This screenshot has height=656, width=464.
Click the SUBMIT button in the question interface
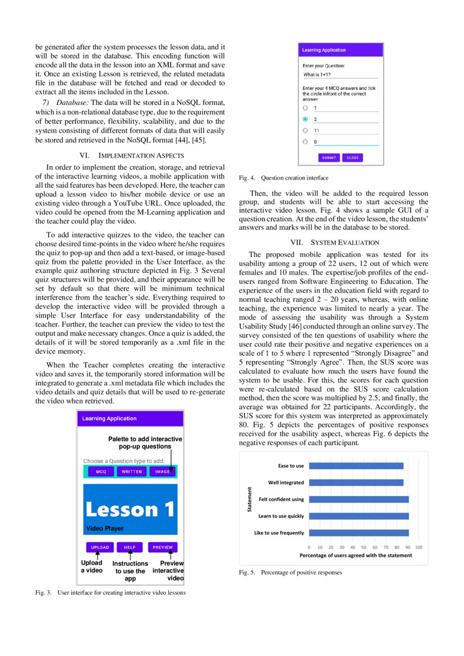pos(329,158)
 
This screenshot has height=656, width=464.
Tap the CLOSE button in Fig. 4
pos(352,158)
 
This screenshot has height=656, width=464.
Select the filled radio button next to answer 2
pos(305,119)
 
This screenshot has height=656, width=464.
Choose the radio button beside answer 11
pos(305,130)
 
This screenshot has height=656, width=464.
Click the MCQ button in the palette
pos(101,472)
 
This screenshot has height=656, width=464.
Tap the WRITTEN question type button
pos(132,472)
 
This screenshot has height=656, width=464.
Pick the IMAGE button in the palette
pos(163,472)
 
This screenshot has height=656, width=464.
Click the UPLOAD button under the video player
pos(100,547)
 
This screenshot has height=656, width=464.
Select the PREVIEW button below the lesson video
pos(163,547)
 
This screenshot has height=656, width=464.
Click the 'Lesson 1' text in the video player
pos(130,510)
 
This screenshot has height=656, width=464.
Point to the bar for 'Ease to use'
pos(356,466)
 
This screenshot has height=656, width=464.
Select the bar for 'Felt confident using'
pos(359,499)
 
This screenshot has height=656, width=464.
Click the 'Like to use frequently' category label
pos(279,533)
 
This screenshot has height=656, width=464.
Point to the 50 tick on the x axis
pos(364,546)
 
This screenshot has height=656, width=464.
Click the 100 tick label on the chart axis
pos(419,546)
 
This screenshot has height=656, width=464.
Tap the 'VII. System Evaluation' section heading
pos(335,242)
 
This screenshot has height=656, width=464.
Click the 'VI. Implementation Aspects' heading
pos(130,155)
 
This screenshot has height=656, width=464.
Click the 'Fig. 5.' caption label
pos(247,572)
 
